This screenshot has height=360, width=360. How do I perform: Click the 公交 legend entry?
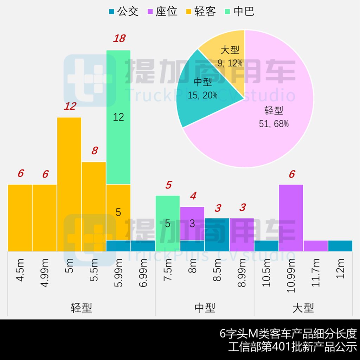click(x=124, y=11)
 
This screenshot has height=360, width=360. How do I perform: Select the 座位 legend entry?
click(x=162, y=11)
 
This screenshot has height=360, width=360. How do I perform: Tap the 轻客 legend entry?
click(x=200, y=11)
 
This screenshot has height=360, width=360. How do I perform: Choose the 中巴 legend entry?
click(x=239, y=11)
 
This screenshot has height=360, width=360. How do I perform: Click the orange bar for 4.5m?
click(x=20, y=218)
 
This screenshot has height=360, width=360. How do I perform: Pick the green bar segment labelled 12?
click(x=118, y=117)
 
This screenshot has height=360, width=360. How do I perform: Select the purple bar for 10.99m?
click(x=291, y=218)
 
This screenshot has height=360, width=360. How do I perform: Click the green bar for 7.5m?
click(x=168, y=224)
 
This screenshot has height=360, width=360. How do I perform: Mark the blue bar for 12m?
click(x=340, y=246)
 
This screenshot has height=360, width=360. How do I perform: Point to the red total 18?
click(x=119, y=38)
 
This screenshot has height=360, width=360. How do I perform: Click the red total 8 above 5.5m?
click(x=94, y=151)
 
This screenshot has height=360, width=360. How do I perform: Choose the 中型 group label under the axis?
click(x=205, y=308)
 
